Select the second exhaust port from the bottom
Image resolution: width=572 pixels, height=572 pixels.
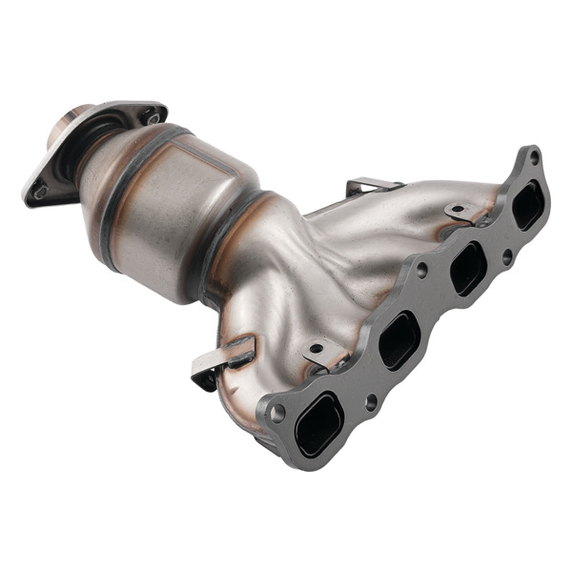click(398, 339)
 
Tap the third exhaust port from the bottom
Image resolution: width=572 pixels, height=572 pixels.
click(467, 269)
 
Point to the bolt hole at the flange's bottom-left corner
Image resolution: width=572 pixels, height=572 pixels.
click(277, 412)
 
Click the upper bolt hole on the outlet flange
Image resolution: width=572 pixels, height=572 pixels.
click(153, 117)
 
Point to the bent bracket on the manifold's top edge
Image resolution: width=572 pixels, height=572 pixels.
click(370, 185)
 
